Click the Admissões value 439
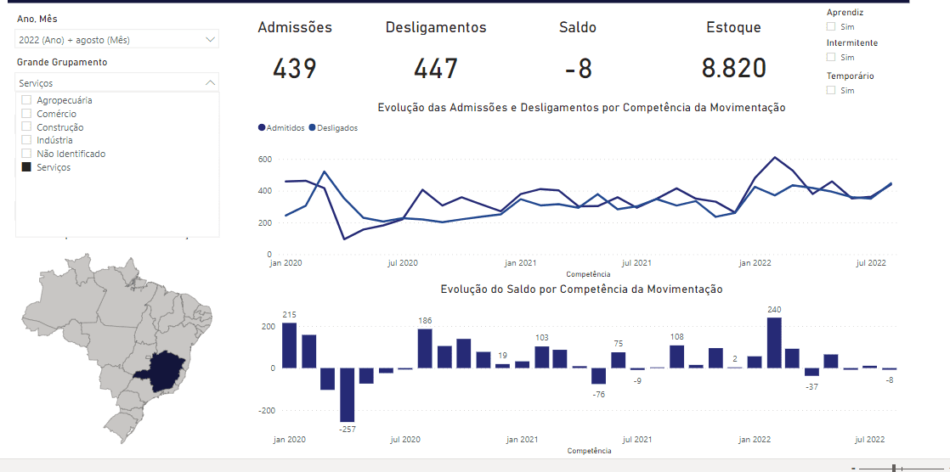tap(295, 69)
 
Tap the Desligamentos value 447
tap(436, 69)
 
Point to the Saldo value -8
tap(578, 69)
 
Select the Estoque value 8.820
tap(734, 69)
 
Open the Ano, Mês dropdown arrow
tap(210, 40)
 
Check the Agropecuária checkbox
tap(26, 100)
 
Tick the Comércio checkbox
tap(26, 114)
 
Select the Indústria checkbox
tap(26, 140)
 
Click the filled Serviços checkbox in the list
tap(26, 167)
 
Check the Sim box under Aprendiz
tap(831, 26)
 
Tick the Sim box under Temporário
tap(831, 90)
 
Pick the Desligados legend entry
tap(334, 128)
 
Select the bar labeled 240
tap(774, 343)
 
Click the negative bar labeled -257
tap(347, 395)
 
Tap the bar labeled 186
tap(425, 349)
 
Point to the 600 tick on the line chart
tap(264, 159)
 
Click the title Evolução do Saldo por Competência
tap(581, 289)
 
